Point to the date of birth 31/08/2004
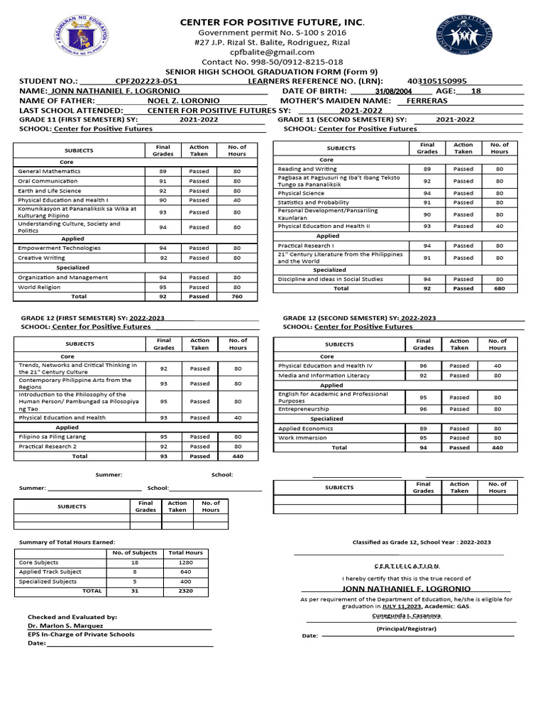[393, 92]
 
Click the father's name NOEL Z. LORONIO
[183, 101]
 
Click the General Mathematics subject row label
[49, 171]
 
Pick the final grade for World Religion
[163, 288]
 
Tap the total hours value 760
[237, 297]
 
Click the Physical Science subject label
[301, 193]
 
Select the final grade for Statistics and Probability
[426, 202]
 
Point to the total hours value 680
[499, 288]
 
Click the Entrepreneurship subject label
[304, 410]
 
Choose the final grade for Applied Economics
[423, 429]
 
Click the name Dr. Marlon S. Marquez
[65, 625]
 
